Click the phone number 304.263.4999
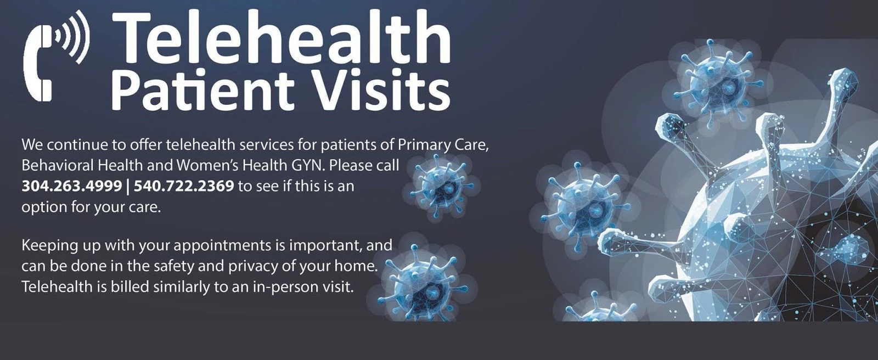pos(72,186)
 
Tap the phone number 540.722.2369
pos(184,186)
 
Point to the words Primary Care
pos(443,145)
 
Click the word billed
pos(129,287)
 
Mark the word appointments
pos(222,246)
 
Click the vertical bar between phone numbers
pos(128,186)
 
